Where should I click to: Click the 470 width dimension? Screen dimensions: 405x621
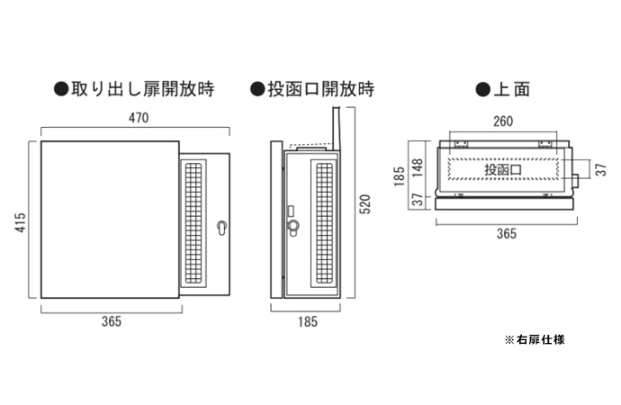point(137,118)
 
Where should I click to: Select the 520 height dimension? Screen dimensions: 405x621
point(364,206)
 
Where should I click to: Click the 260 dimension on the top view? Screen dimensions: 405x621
point(503,121)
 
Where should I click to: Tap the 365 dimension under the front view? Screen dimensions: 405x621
point(112,321)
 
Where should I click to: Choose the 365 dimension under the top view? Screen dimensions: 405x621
point(506,233)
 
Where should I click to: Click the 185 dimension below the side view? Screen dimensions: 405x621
point(308,321)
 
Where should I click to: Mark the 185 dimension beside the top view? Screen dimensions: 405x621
point(399,175)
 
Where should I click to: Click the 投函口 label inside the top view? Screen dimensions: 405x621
point(503,169)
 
